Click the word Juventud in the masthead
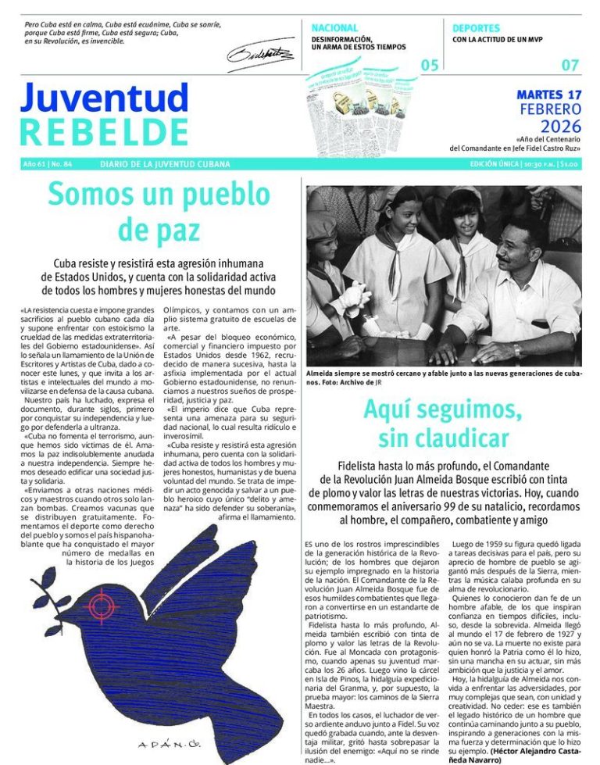click(104, 99)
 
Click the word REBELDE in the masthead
click(104, 133)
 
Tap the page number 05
click(430, 66)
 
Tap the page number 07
click(570, 66)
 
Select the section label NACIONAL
click(334, 27)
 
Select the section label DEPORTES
click(476, 27)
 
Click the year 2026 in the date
click(560, 127)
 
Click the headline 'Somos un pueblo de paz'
click(159, 211)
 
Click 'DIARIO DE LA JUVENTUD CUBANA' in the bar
click(165, 164)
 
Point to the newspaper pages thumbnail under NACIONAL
click(362, 102)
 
